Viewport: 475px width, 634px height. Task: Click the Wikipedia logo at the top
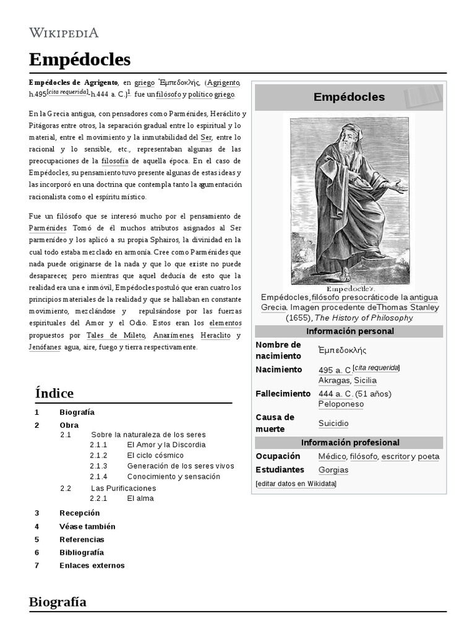click(x=64, y=33)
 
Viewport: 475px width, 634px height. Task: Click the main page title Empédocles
click(x=80, y=59)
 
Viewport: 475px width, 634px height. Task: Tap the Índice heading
click(x=54, y=393)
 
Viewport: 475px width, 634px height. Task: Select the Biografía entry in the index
click(x=77, y=412)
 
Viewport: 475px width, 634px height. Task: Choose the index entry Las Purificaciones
click(x=123, y=488)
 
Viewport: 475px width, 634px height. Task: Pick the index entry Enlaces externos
click(x=92, y=565)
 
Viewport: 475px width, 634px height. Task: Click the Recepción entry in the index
click(x=79, y=513)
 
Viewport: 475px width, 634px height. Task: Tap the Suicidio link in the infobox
click(x=333, y=423)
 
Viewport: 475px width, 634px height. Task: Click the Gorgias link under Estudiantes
click(x=333, y=470)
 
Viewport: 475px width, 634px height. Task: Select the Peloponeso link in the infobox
click(x=341, y=404)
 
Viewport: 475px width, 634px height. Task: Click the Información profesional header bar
click(x=349, y=443)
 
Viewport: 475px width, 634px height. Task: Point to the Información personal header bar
click(x=349, y=331)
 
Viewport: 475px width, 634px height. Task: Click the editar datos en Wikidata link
click(x=296, y=484)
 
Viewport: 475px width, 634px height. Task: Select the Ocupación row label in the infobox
click(x=278, y=456)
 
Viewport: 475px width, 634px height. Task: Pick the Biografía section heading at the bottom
click(x=58, y=602)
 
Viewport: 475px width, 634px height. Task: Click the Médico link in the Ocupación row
click(x=332, y=456)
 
